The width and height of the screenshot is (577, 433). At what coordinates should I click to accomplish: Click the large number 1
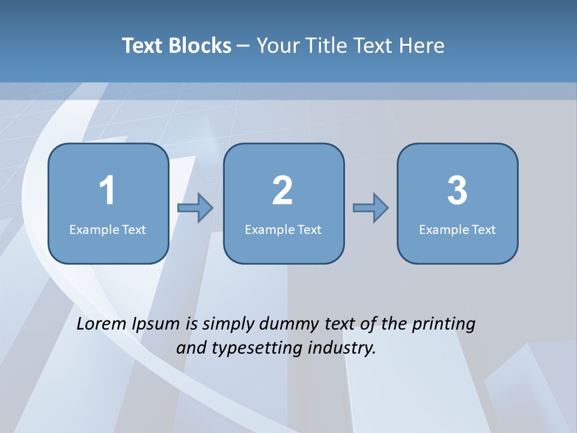pyautogui.click(x=108, y=191)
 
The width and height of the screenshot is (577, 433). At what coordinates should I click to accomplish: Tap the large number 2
pyautogui.click(x=282, y=191)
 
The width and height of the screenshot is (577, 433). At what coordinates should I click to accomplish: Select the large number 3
pyautogui.click(x=457, y=191)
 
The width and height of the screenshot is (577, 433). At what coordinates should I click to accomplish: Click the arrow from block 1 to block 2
pyautogui.click(x=195, y=208)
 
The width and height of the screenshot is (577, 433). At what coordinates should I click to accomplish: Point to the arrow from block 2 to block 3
pyautogui.click(x=370, y=208)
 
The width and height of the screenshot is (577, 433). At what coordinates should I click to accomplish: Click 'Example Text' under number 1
pyautogui.click(x=108, y=229)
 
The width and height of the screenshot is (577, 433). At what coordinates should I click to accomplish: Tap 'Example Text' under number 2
pyautogui.click(x=283, y=229)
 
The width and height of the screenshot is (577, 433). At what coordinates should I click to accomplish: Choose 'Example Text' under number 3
pyautogui.click(x=457, y=229)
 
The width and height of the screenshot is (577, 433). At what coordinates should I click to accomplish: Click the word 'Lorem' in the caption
pyautogui.click(x=101, y=324)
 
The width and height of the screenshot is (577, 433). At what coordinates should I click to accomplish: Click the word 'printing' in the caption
pyautogui.click(x=444, y=325)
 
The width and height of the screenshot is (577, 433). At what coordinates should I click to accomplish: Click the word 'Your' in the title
pyautogui.click(x=278, y=46)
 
